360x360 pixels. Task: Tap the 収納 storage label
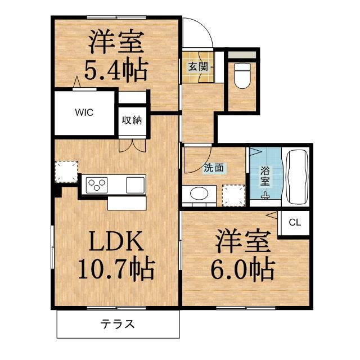[133, 120]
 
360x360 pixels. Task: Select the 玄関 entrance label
[197, 66]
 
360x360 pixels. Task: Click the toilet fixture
[241, 76]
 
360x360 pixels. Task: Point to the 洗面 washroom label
[214, 167]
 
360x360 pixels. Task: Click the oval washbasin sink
[199, 193]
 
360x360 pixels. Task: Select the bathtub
[297, 177]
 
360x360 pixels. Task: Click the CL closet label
[295, 222]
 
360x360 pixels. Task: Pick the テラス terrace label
[118, 324]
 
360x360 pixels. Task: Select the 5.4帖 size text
[116, 71]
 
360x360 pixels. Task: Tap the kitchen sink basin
[136, 184]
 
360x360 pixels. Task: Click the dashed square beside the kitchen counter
[66, 173]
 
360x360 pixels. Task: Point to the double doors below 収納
[133, 145]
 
